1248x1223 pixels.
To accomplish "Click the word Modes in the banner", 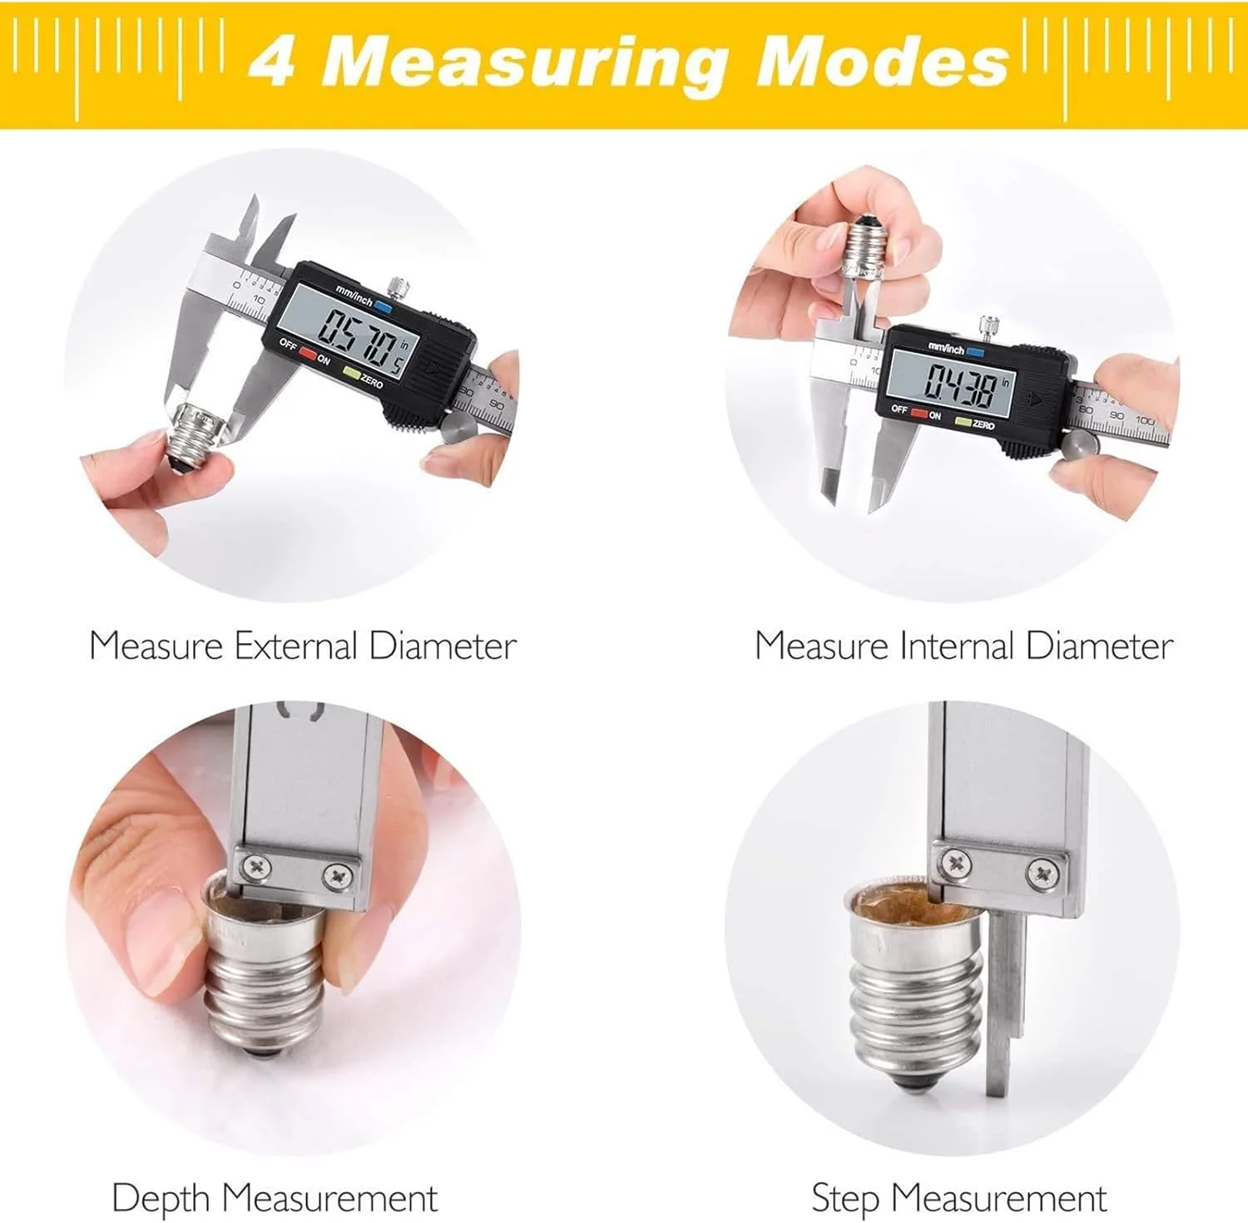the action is tap(882, 62).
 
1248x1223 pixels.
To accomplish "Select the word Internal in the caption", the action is tap(958, 646).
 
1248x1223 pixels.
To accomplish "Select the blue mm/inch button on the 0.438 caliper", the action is tap(976, 353).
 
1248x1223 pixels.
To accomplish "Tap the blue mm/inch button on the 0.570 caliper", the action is tap(383, 305).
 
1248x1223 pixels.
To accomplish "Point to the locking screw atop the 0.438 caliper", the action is tap(989, 325).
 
